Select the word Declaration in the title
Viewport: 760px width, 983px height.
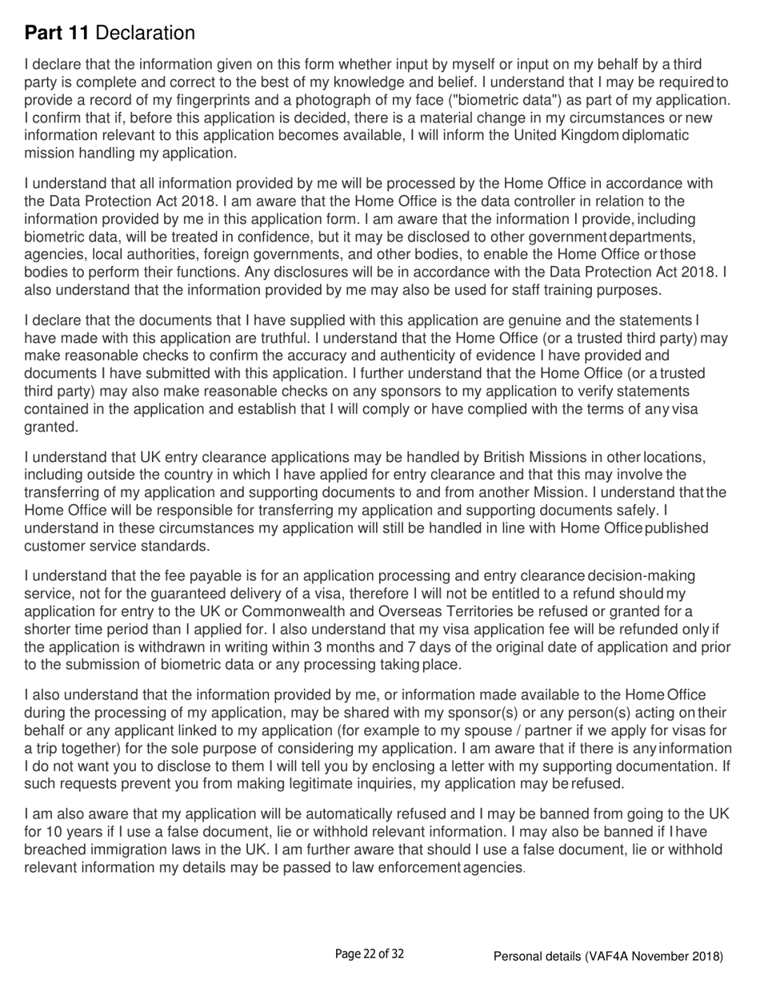[147, 34]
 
